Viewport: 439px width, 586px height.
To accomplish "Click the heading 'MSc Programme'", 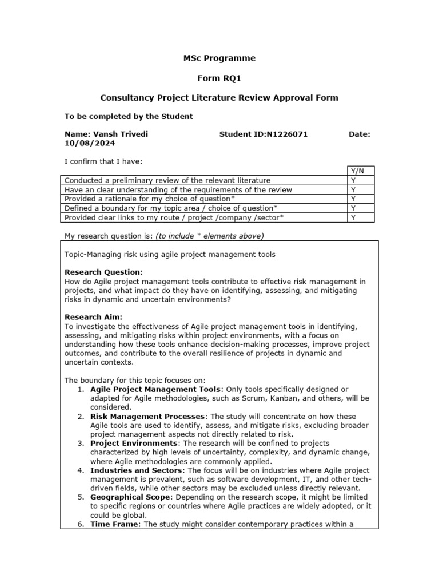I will [x=219, y=58].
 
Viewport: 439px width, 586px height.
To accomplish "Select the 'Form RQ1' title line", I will [x=219, y=78].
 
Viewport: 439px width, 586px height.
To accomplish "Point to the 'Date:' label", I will [x=360, y=134].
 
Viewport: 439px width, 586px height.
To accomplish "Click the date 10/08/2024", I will [x=86, y=144].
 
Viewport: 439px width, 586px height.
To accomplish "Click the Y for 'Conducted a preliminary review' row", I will [x=353, y=180].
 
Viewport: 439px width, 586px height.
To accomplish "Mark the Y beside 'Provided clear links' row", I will [x=353, y=217].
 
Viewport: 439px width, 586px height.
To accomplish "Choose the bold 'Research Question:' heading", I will [x=103, y=272].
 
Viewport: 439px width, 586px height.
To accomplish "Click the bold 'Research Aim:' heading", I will [x=93, y=316].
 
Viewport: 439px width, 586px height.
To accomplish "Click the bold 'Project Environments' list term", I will [x=134, y=443].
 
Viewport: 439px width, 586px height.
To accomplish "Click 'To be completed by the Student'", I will [x=129, y=116].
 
